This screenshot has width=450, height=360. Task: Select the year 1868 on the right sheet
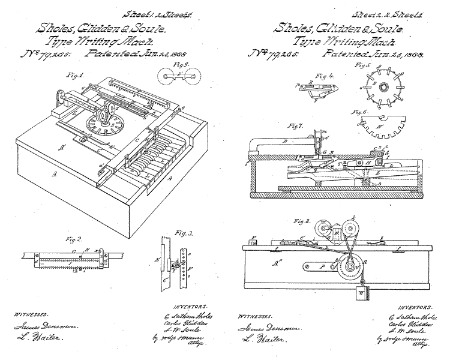point(410,54)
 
